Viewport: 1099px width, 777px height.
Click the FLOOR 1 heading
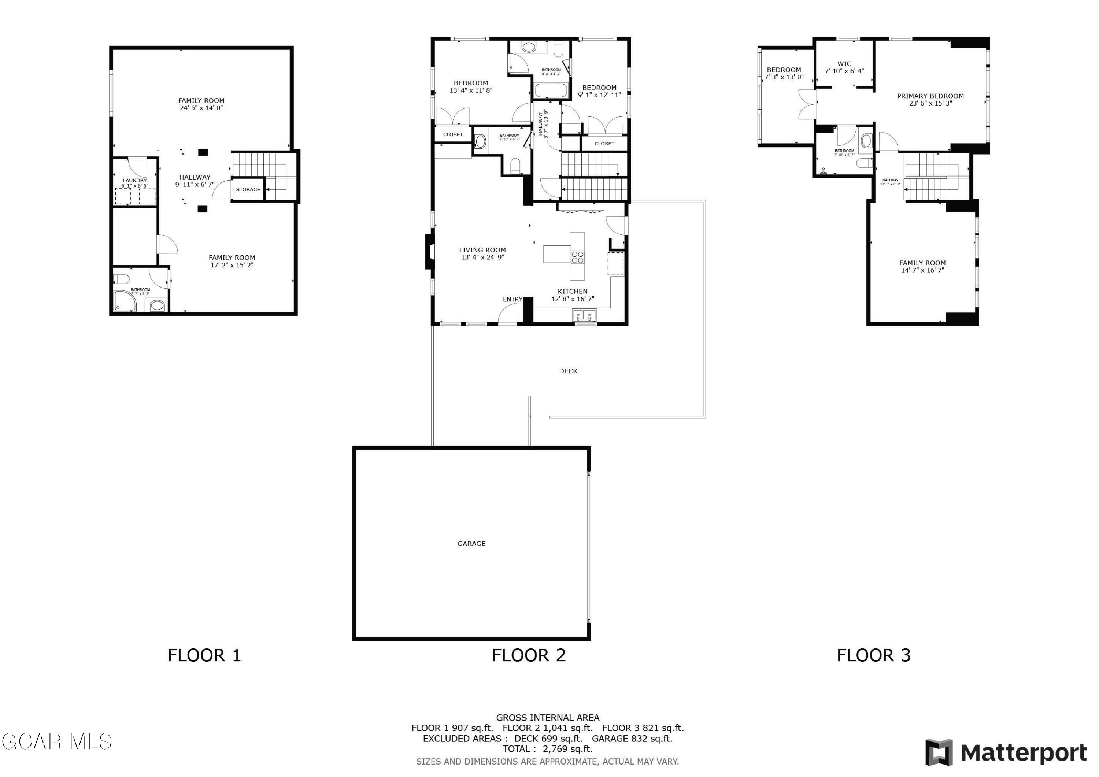pyautogui.click(x=204, y=655)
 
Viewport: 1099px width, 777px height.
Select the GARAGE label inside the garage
pyautogui.click(x=471, y=543)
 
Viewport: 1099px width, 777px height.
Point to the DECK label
pyautogui.click(x=568, y=371)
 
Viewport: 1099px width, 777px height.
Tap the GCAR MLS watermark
pyautogui.click(x=56, y=741)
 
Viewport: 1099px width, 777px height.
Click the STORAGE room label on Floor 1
pyautogui.click(x=248, y=190)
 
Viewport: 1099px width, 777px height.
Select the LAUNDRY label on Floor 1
pyautogui.click(x=134, y=181)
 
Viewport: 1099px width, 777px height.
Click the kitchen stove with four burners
pyautogui.click(x=577, y=258)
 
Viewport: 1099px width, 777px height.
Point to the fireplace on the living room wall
pyautogui.click(x=429, y=251)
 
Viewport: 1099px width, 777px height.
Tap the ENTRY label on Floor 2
pyautogui.click(x=512, y=299)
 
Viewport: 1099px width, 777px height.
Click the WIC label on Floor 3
pyautogui.click(x=844, y=64)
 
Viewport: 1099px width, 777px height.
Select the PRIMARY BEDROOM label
pyautogui.click(x=930, y=96)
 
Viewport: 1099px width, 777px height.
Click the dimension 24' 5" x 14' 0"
pyautogui.click(x=201, y=108)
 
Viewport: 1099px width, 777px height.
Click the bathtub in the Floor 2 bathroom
pyautogui.click(x=551, y=90)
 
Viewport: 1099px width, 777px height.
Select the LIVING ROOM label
pyautogui.click(x=482, y=250)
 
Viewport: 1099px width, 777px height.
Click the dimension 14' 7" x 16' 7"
pyautogui.click(x=922, y=270)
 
